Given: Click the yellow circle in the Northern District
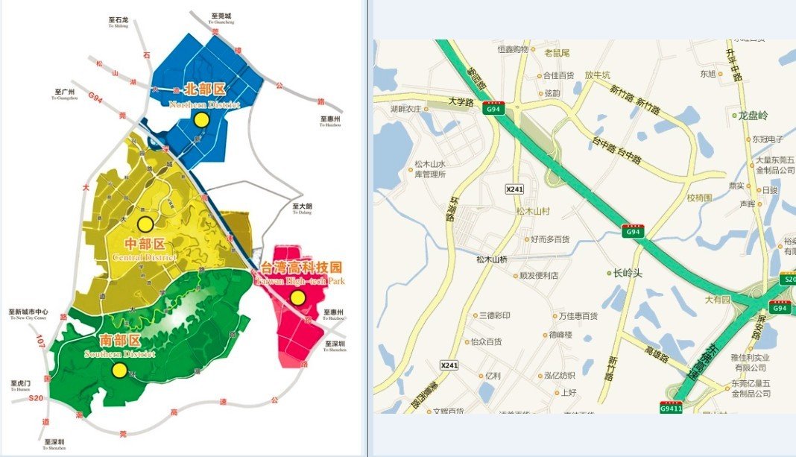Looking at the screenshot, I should [x=200, y=120].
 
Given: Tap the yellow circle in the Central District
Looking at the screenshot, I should [x=145, y=224].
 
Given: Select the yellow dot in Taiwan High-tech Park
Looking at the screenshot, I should [x=298, y=298].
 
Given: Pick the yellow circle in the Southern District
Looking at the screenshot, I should [x=119, y=370].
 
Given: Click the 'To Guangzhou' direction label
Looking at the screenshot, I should [x=65, y=95].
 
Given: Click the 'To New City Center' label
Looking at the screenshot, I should [x=28, y=315].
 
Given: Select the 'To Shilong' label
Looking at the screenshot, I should [x=118, y=22].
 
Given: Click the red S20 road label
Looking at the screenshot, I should [x=35, y=399].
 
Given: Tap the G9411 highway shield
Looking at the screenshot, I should [x=671, y=407].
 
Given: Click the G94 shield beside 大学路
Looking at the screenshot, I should [x=492, y=109].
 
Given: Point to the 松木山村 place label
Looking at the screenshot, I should [x=532, y=211].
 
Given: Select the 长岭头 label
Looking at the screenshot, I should [x=627, y=273].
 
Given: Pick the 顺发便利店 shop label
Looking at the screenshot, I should [x=538, y=275].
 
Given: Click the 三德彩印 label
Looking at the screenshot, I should [x=494, y=315].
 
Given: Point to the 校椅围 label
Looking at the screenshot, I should [x=699, y=198].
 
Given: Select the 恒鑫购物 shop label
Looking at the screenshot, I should [x=512, y=49].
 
